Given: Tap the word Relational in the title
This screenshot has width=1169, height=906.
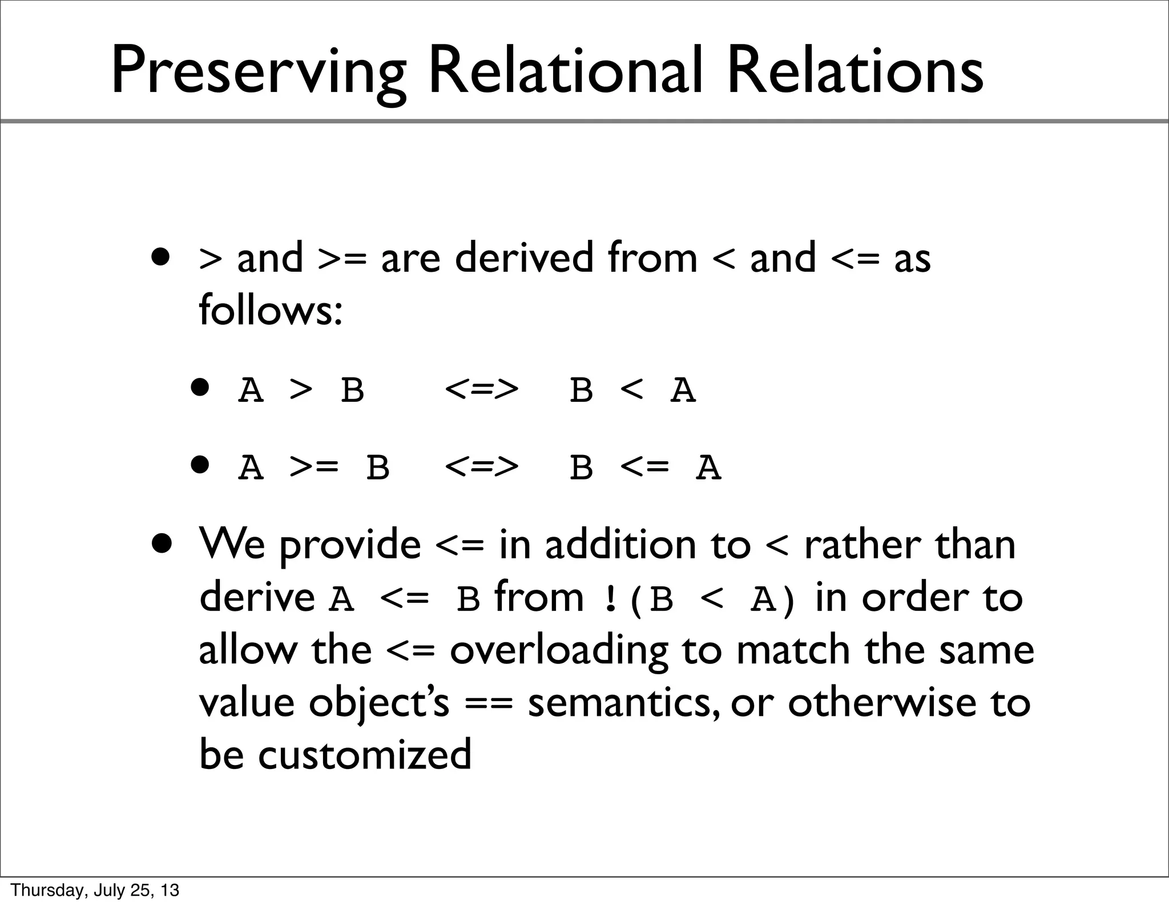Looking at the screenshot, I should pos(565,72).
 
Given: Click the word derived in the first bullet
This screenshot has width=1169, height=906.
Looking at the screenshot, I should pos(524,258).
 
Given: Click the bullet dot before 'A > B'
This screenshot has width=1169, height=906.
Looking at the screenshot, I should pos(201,388).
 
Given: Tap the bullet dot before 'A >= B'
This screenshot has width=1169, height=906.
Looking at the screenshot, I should pos(201,465).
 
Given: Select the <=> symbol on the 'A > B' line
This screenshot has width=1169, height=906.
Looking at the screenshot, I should pos(481,391).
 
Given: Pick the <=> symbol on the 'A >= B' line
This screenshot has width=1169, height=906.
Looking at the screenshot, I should pos(481,468).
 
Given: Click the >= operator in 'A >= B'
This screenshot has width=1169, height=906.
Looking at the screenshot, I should pos(313,468).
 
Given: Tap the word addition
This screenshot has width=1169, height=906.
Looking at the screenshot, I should pos(620,545).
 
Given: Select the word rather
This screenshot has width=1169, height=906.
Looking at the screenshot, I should pos(861,545).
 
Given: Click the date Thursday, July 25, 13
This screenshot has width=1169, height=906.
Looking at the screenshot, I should pos(95,890).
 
